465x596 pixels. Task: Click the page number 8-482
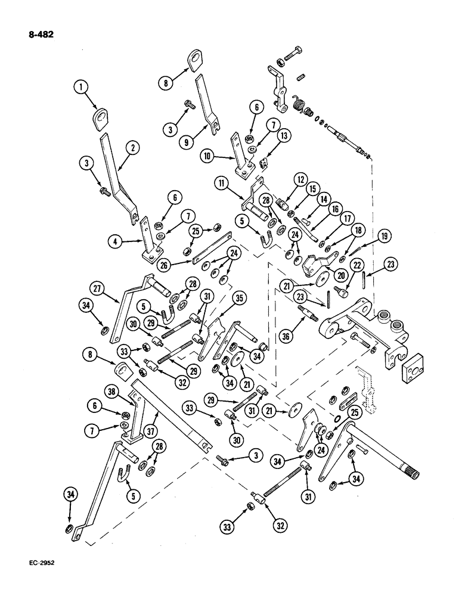point(37,35)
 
